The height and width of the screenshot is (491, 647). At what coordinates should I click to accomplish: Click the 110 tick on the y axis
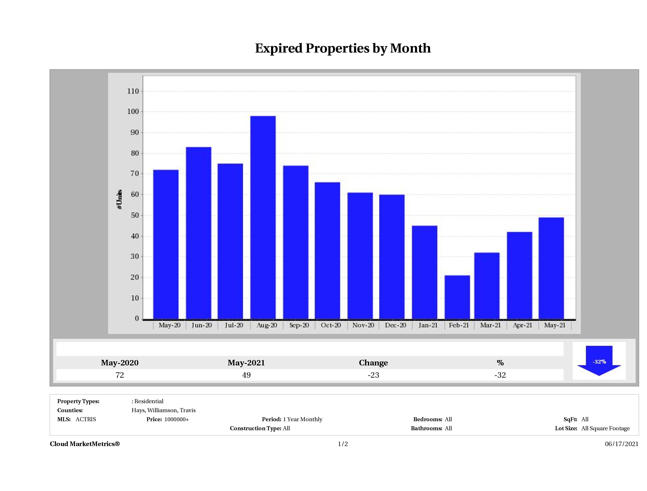[133, 91]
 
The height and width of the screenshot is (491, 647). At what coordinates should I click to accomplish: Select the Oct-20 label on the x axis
[331, 325]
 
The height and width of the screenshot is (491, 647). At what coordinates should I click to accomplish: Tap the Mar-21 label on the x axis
[490, 325]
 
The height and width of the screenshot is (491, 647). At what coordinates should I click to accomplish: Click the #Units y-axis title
[119, 199]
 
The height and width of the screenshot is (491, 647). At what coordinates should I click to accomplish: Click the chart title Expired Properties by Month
[343, 48]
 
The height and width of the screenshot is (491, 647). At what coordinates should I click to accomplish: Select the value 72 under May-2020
[120, 375]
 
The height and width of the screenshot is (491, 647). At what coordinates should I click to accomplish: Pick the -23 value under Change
[373, 375]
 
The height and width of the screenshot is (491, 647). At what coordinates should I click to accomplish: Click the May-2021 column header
[246, 363]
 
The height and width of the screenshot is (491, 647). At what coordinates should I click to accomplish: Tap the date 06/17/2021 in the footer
[622, 444]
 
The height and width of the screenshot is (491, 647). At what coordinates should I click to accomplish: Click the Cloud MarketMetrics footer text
[85, 444]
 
